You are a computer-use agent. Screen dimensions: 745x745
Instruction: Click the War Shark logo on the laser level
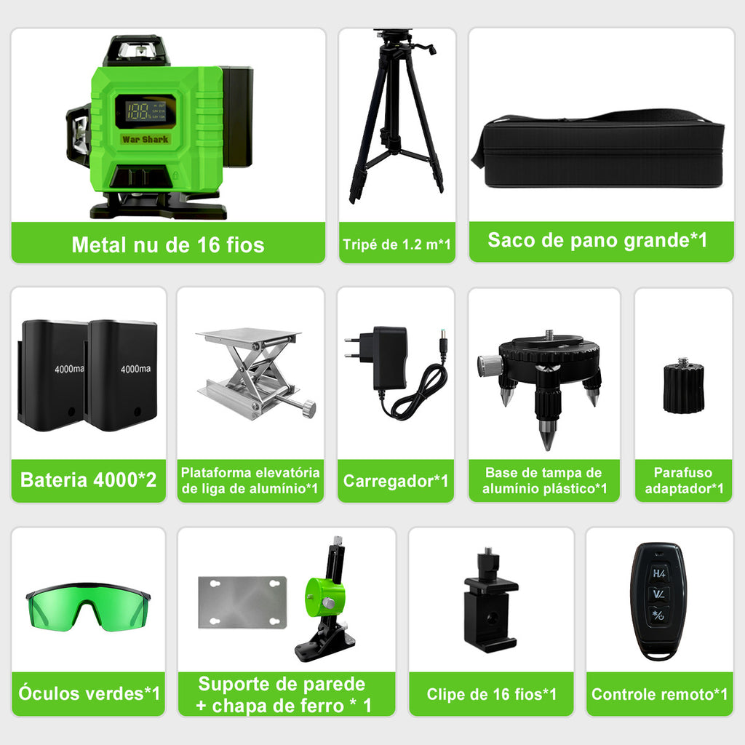(x=145, y=139)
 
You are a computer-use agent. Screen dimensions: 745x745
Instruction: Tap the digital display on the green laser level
(x=146, y=111)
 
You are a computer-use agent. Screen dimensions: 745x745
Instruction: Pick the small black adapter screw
(x=683, y=386)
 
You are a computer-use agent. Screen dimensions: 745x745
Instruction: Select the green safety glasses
(x=88, y=606)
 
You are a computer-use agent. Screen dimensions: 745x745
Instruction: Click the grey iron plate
(x=242, y=602)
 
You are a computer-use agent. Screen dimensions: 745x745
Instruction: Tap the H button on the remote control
(x=659, y=573)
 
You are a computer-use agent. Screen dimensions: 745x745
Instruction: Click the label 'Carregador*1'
(x=396, y=481)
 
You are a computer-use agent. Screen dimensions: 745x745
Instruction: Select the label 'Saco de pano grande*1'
(x=597, y=240)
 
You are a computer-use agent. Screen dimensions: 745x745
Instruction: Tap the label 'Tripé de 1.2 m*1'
(x=397, y=244)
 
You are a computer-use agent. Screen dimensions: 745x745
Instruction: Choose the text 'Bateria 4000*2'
(x=88, y=480)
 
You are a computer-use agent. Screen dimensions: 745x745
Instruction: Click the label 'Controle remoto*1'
(x=659, y=694)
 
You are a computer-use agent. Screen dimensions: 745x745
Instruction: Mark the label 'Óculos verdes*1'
(x=89, y=693)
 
